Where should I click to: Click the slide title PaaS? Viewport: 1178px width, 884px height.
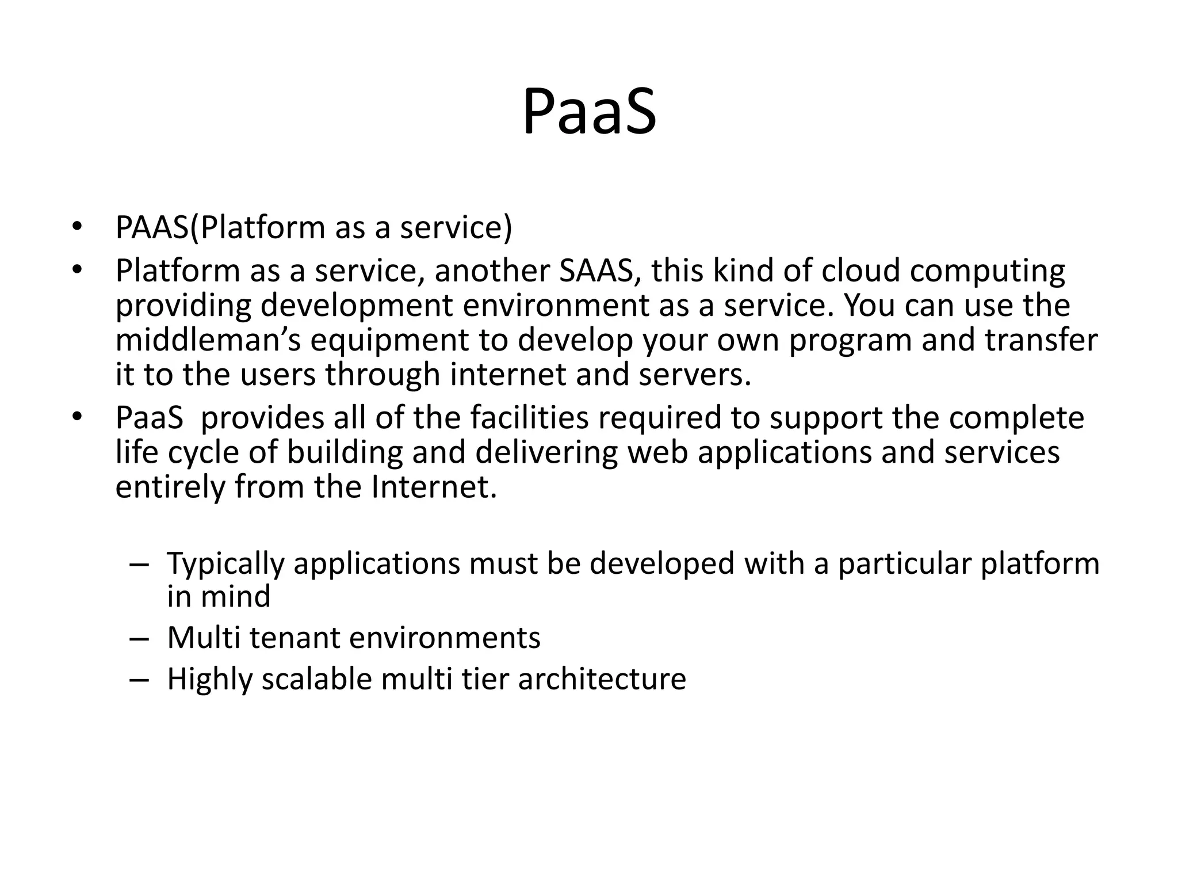tap(589, 112)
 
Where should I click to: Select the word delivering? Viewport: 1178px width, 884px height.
tap(546, 452)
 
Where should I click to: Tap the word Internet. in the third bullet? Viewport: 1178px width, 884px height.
tap(434, 486)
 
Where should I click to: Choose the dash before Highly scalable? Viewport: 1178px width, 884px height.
tap(139, 680)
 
